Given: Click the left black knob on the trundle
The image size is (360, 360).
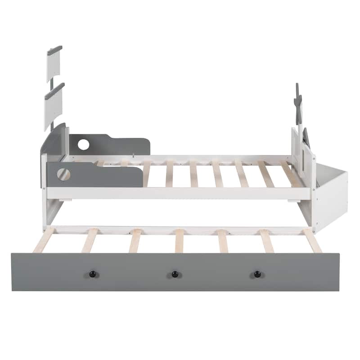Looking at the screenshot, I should click(92, 274).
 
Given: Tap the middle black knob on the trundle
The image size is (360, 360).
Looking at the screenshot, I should click(175, 274).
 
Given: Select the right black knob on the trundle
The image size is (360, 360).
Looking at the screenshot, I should click(257, 274).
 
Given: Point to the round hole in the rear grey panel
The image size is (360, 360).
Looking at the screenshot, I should click(83, 144).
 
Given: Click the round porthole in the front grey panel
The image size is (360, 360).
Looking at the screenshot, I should click(63, 174).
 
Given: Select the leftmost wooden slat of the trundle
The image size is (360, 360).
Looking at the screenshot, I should click(44, 240).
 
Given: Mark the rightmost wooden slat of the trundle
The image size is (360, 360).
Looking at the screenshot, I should click(312, 240).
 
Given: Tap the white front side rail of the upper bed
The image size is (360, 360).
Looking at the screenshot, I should click(180, 193).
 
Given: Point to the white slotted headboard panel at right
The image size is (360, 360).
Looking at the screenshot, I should click(304, 157).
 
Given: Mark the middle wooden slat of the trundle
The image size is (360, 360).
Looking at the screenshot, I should click(180, 240).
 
